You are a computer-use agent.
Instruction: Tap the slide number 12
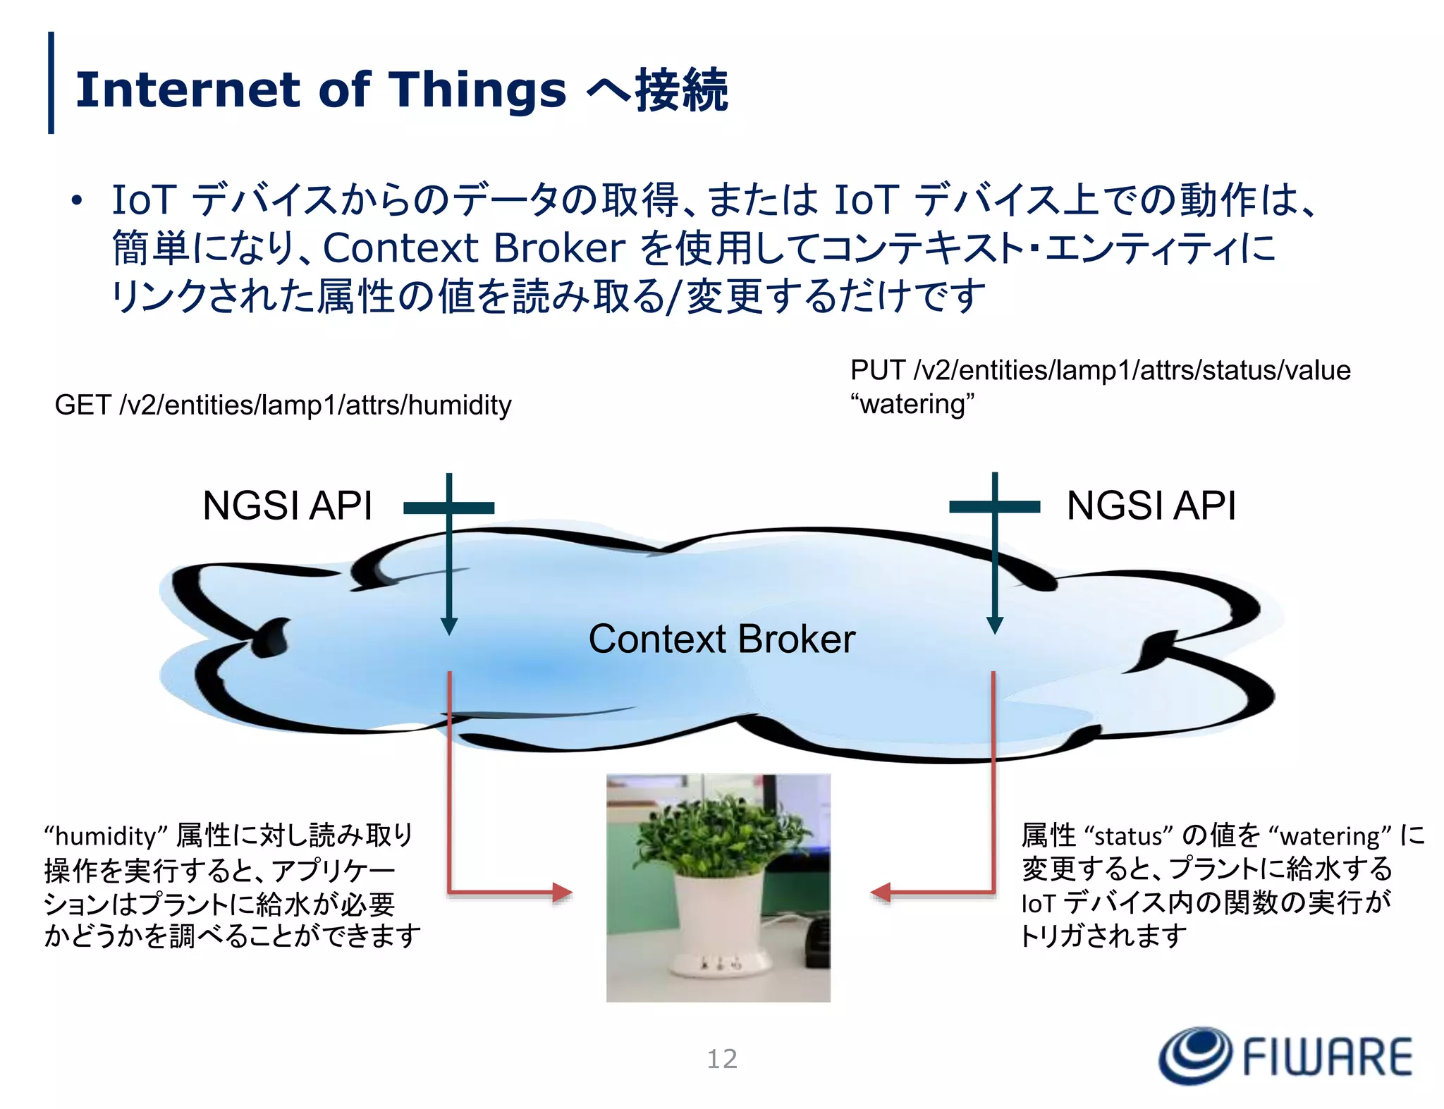coord(721,1059)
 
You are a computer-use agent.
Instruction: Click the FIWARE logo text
coord(1326,1057)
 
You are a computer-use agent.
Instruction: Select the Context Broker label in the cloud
coord(721,639)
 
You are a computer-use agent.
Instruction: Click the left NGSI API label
coord(287,506)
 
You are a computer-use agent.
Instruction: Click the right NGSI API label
coord(1151,506)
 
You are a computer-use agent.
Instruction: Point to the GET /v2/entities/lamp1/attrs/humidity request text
coord(283,405)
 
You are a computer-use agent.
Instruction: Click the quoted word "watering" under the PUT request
coord(912,405)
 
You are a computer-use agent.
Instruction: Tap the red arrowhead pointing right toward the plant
coord(563,893)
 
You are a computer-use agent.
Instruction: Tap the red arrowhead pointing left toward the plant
coord(881,893)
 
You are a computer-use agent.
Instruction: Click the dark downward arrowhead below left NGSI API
coord(449,626)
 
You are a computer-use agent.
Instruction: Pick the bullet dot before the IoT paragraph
coord(77,201)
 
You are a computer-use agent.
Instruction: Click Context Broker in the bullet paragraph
coord(474,248)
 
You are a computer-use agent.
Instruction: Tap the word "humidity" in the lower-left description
coord(106,836)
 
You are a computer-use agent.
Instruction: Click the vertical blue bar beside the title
coord(51,82)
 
